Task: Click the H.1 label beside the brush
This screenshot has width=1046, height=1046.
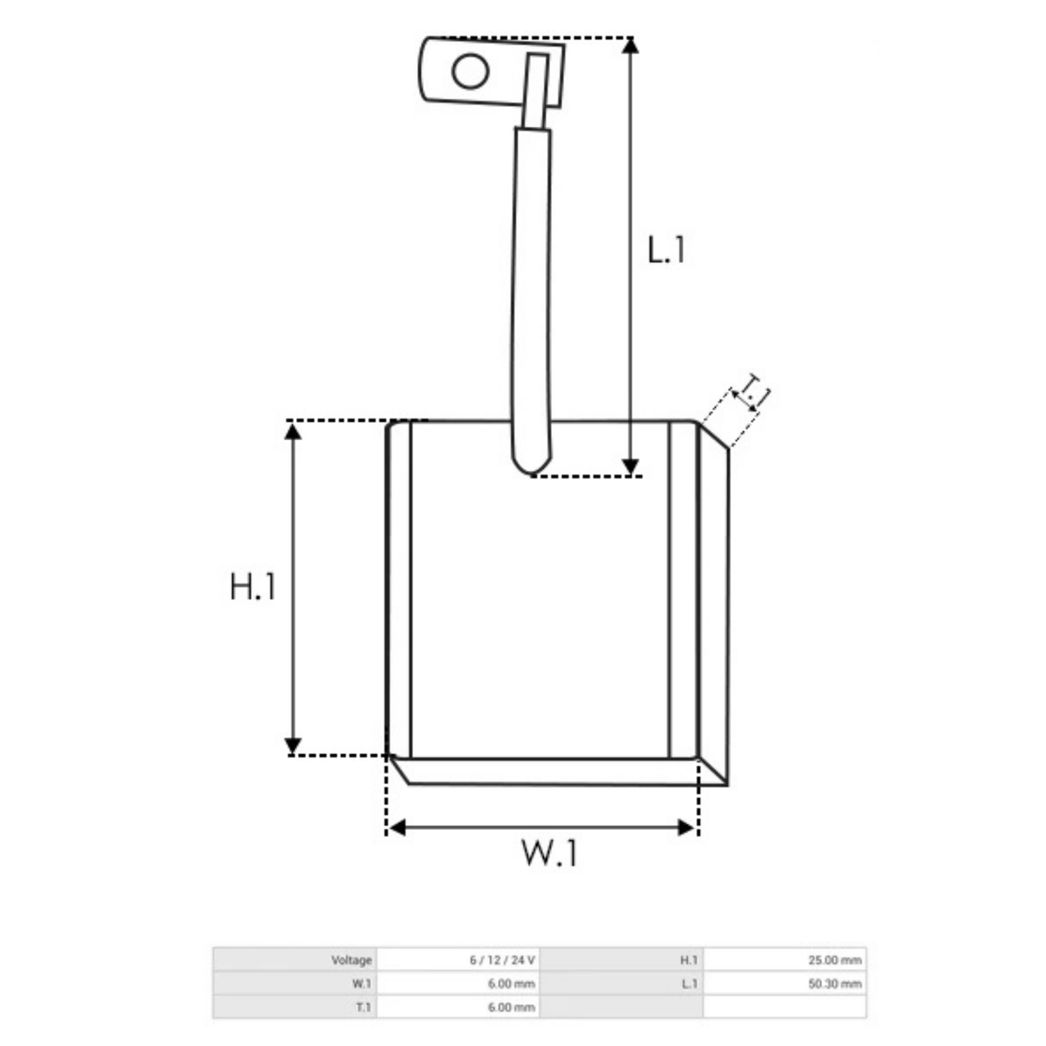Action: coord(253,587)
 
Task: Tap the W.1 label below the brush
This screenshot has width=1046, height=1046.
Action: coord(549,852)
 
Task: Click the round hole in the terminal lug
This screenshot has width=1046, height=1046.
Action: coord(471,71)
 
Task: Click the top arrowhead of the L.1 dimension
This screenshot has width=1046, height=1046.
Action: coord(630,46)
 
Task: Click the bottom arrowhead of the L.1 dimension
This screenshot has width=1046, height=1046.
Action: coord(630,466)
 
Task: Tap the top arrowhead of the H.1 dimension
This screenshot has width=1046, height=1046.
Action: coord(293,431)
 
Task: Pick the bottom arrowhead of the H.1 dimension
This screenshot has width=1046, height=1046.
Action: coord(293,746)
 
